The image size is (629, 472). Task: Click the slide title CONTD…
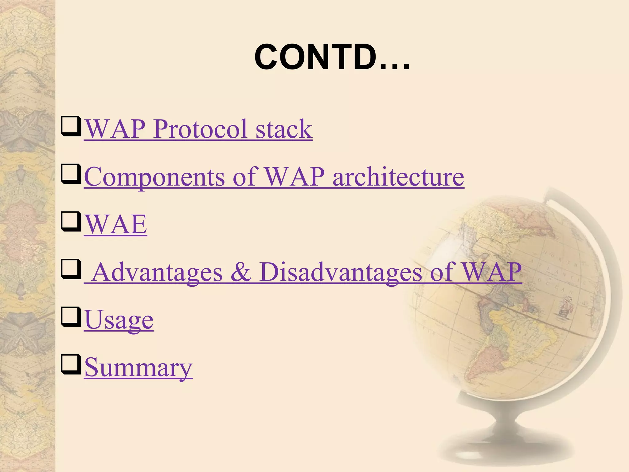pos(332,57)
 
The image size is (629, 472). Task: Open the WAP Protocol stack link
pos(198,129)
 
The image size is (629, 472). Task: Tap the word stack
pos(284,129)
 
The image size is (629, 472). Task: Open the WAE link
pos(116,224)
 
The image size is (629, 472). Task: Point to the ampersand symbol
pos(241,272)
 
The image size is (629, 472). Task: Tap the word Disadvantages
pos(341,272)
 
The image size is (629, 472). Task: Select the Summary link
pos(138,368)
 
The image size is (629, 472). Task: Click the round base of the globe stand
pos(504,442)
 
